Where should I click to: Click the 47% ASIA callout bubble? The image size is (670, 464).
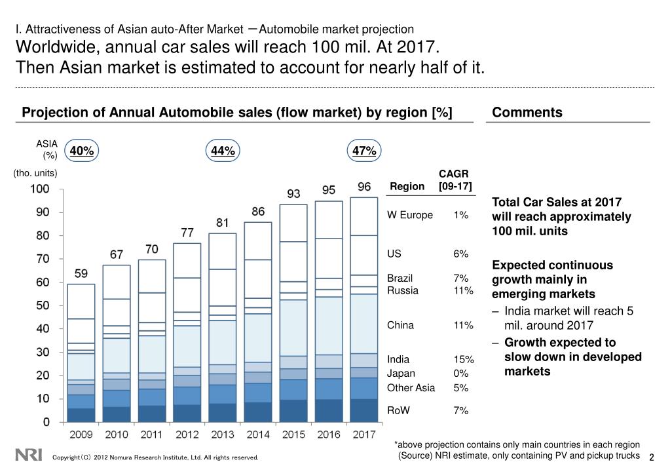click(364, 151)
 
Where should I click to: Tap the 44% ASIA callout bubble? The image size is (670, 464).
click(223, 151)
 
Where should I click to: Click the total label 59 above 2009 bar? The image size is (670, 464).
click(82, 275)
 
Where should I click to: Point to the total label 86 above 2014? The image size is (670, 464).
click(258, 212)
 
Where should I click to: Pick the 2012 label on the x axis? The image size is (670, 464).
click(187, 434)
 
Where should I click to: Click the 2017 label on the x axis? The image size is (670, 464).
click(364, 434)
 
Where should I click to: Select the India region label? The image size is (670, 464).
click(398, 359)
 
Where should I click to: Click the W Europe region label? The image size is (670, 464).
click(410, 215)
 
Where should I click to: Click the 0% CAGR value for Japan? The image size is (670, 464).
click(460, 374)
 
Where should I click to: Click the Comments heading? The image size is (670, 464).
click(527, 112)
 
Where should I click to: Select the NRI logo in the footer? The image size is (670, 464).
click(28, 454)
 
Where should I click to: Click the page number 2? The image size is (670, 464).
click(652, 457)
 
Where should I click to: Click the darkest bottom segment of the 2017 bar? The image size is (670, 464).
click(364, 410)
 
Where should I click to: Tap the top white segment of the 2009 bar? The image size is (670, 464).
click(82, 301)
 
